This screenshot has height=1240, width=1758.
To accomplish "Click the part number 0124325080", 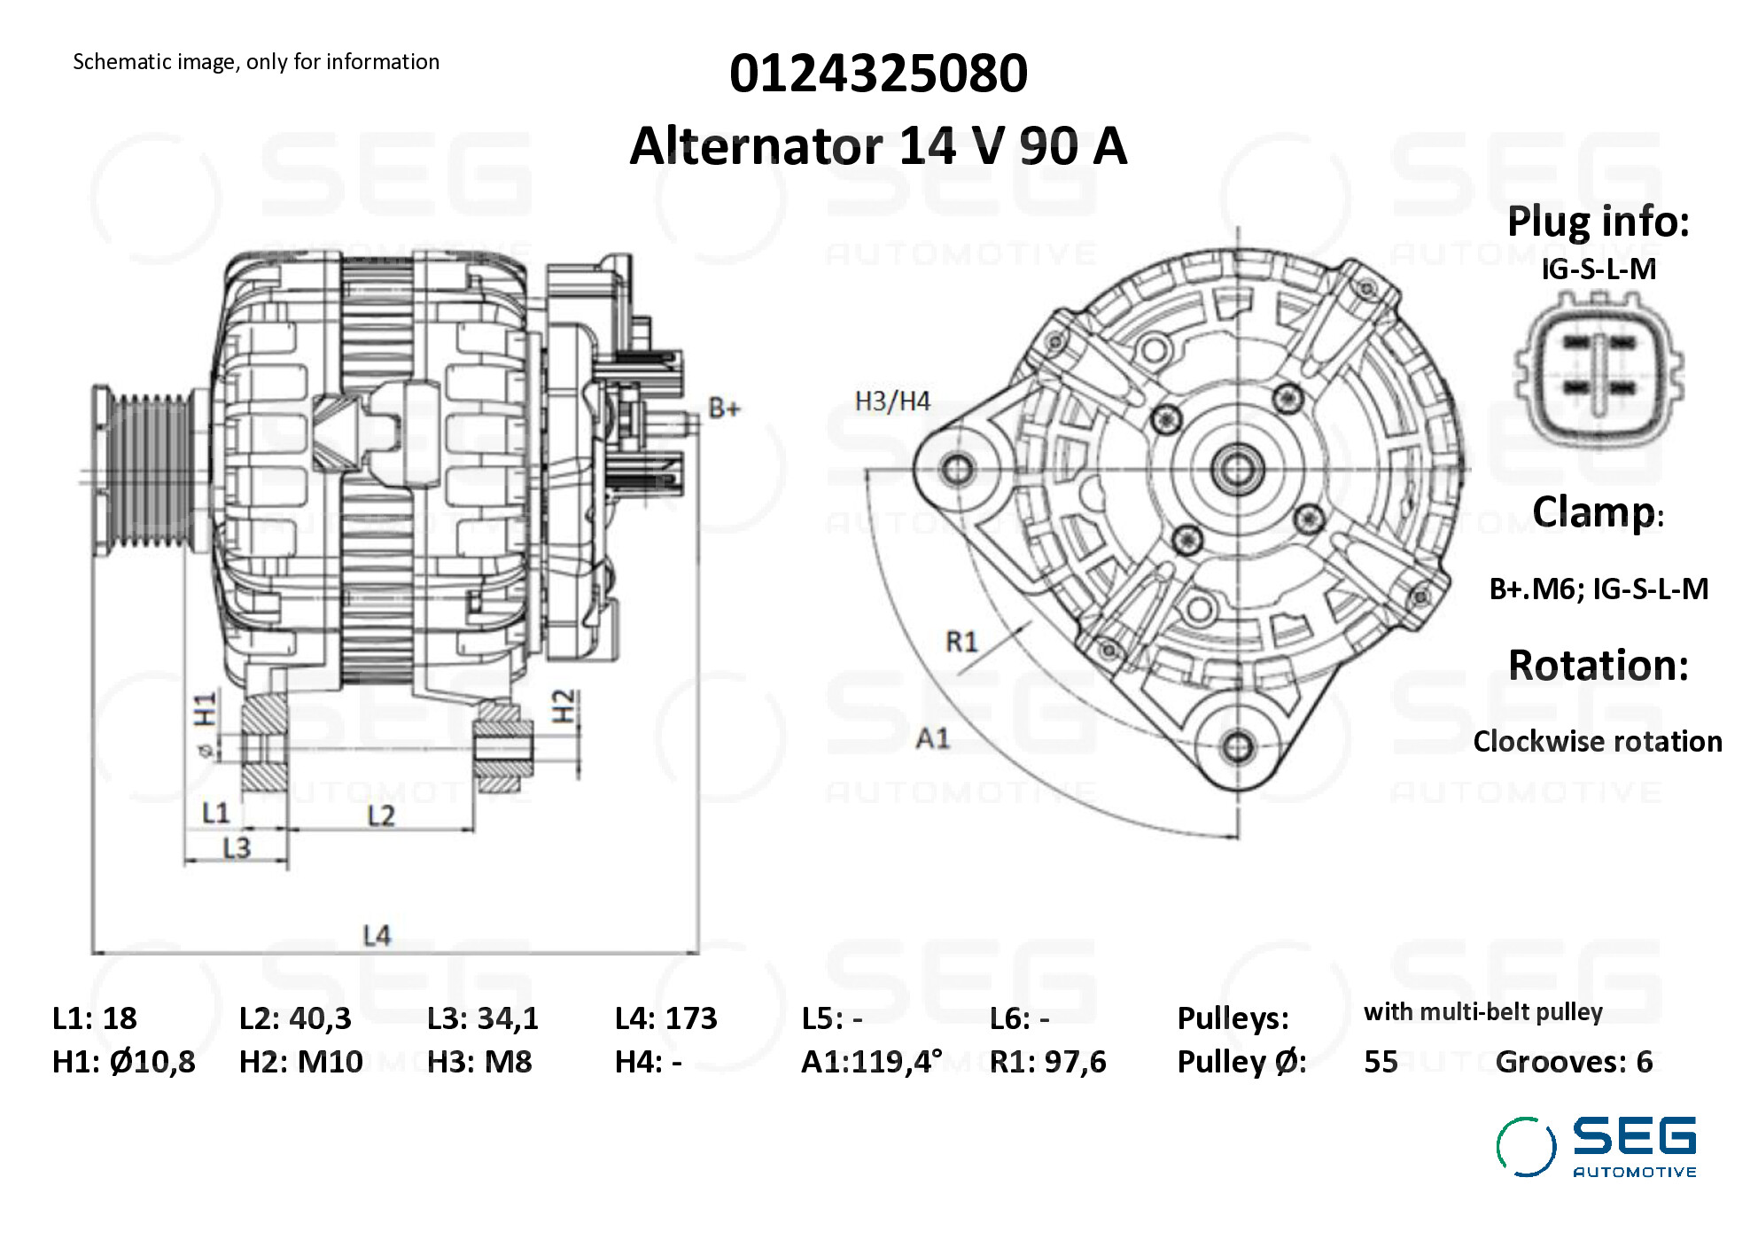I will [878, 73].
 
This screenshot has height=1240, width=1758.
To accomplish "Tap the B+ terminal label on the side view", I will [724, 409].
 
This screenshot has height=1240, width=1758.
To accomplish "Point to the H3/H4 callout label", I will [892, 402].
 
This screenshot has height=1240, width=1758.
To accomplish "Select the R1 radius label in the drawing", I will [961, 641].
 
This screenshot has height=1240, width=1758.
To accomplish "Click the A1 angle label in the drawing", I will [932, 737].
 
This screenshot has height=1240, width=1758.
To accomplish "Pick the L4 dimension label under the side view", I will [377, 935].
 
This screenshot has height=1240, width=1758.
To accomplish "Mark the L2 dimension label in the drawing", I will [381, 815].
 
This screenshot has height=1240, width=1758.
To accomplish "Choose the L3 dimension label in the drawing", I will [237, 848].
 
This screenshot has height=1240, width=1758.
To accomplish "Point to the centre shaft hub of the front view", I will [1237, 468].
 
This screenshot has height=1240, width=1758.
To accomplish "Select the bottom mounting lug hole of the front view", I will [1237, 745].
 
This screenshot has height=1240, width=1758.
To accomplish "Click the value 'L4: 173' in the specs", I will [665, 1018].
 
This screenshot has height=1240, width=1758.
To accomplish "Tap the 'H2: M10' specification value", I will [301, 1061].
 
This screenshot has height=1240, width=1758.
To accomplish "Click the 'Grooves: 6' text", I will [1574, 1061].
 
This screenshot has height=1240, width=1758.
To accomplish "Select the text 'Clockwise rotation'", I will [1597, 741].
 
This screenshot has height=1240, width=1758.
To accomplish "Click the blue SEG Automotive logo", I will [1597, 1146].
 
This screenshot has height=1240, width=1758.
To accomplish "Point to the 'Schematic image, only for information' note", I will [256, 62].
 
